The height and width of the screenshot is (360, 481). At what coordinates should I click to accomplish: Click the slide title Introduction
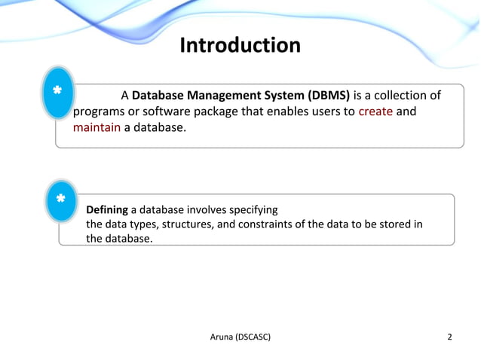[240, 46]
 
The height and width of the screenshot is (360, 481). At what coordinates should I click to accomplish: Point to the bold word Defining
[107, 209]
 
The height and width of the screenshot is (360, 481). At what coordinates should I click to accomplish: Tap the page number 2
[450, 336]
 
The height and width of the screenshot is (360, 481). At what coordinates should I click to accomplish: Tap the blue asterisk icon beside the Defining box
[60, 200]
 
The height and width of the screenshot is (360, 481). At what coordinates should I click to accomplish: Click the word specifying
[252, 209]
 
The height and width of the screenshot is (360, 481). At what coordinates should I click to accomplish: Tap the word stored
[386, 224]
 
